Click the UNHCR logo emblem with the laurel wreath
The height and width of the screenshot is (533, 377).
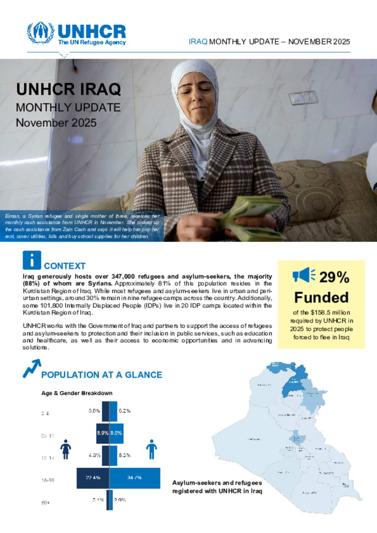pyautogui.click(x=40, y=33)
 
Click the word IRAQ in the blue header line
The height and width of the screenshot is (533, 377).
pyautogui.click(x=198, y=42)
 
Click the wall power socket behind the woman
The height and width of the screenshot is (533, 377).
pyautogui.click(x=303, y=98)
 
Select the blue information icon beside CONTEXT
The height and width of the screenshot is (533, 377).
pyautogui.click(x=32, y=260)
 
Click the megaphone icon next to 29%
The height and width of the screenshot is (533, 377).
pyautogui.click(x=304, y=276)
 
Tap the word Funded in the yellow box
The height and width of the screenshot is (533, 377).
pyautogui.click(x=321, y=297)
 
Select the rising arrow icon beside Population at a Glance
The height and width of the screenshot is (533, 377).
pyautogui.click(x=32, y=369)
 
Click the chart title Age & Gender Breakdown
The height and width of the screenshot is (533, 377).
pyautogui.click(x=77, y=393)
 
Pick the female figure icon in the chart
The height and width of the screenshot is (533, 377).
pyautogui.click(x=66, y=449)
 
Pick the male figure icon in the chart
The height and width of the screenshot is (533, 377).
pyautogui.click(x=151, y=449)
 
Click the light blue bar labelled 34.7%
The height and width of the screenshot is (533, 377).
pyautogui.click(x=135, y=478)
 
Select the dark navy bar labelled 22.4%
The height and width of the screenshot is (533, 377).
pyautogui.click(x=93, y=478)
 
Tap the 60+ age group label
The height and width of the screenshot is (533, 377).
pyautogui.click(x=46, y=502)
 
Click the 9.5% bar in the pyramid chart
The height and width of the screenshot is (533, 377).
pyautogui.click(x=116, y=433)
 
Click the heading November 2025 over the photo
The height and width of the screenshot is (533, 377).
pyautogui.click(x=56, y=122)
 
